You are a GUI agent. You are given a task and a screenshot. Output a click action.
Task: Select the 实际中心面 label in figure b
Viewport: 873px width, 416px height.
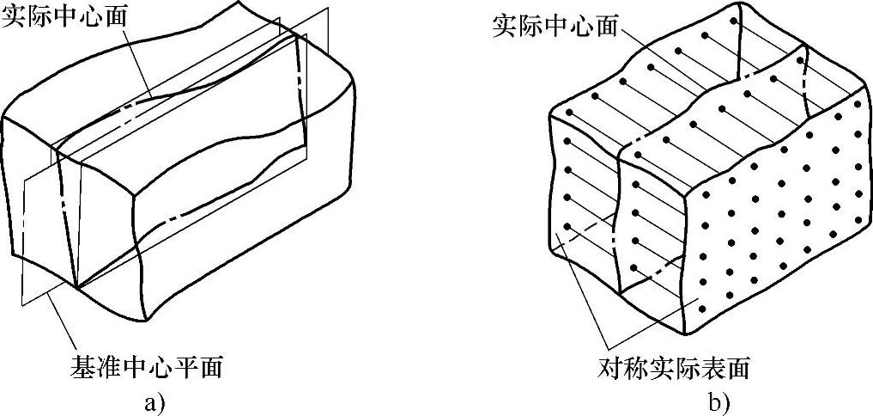coord(555,26)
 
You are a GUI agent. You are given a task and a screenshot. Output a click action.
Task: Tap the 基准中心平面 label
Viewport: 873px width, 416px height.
coord(147,367)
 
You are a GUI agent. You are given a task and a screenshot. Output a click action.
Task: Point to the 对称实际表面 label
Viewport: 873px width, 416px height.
coord(674,369)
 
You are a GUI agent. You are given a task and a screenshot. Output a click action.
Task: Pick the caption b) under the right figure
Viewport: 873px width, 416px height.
coord(718,401)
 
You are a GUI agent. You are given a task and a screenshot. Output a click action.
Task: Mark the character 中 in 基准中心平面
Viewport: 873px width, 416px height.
coord(134,367)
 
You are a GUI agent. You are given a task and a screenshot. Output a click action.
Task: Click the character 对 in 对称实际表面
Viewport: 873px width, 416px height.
coord(609,369)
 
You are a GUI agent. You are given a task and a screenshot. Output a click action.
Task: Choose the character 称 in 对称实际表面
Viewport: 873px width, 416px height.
coord(635,369)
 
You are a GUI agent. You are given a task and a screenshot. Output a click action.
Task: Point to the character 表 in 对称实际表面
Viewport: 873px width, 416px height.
coord(712,369)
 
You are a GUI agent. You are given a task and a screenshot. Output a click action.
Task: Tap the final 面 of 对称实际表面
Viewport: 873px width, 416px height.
coord(738,369)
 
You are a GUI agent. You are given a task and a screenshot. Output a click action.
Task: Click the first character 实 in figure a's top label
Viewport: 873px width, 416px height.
coord(14,19)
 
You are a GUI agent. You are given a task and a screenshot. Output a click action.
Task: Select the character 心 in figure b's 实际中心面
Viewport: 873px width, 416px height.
coord(580,26)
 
